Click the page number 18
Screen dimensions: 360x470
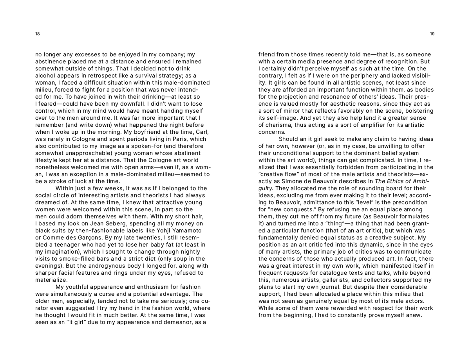point(37,34)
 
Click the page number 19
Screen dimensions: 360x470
point(432,34)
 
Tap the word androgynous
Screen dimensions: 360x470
point(90,266)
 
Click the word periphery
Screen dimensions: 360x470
point(361,76)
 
